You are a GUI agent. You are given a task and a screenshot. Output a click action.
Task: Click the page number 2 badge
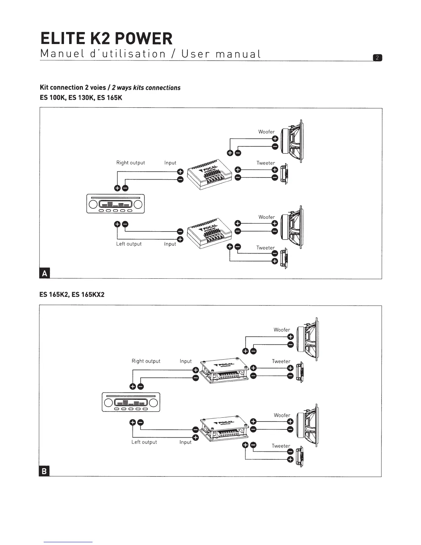377,58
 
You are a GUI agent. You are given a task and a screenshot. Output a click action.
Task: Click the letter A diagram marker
45,274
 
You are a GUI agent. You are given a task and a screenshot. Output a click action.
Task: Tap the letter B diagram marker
45,471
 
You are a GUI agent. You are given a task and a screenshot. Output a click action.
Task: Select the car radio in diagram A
116,204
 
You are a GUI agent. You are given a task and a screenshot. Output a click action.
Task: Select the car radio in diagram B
131,402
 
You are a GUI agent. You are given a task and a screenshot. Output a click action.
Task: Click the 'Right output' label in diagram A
131,163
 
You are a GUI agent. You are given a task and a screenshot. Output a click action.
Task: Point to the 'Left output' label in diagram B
144,442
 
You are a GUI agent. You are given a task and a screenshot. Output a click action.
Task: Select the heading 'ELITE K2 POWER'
106,39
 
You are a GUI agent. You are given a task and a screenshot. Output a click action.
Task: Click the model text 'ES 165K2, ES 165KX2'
72,295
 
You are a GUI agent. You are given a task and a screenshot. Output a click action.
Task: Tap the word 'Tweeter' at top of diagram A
266,163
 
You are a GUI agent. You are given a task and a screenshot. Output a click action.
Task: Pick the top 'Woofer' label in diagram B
282,330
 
